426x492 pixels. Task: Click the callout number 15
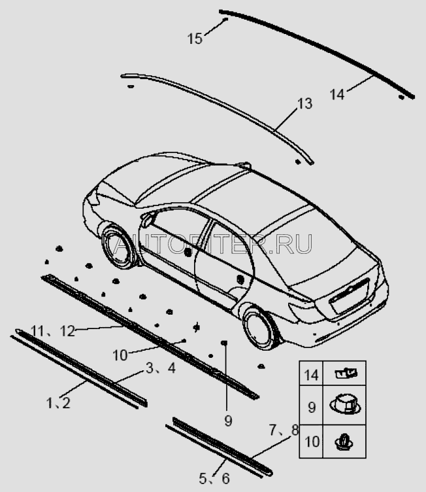pos(195,39)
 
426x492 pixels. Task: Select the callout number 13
pos(304,104)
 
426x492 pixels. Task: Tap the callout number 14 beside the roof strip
pos(337,94)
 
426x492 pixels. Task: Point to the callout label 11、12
pos(53,331)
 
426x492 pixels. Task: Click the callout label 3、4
pos(161,368)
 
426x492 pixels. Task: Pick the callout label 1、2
pos(58,403)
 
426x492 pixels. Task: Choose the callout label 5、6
pos(214,478)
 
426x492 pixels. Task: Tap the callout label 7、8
pos(284,430)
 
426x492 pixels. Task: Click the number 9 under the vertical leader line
pos(228,421)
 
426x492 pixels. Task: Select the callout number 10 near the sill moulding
pos(120,355)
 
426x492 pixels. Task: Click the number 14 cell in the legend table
pos(311,375)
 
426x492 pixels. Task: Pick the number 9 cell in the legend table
pos(312,408)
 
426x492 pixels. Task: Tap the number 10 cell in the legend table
pos(312,442)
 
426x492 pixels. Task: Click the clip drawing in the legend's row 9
pos(345,405)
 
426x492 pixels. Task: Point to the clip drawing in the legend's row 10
pos(344,442)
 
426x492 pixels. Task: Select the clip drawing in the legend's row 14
pos(346,374)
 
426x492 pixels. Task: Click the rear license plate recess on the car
pos(349,296)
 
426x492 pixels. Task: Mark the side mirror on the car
pos(147,219)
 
